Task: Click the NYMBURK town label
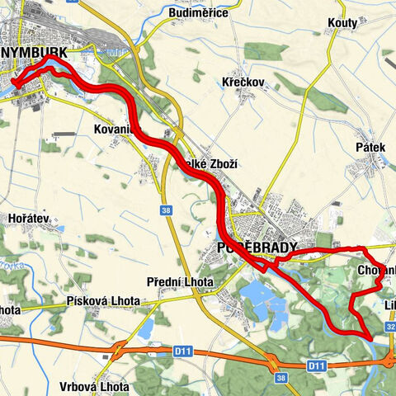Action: [40, 53]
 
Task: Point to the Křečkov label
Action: [243, 82]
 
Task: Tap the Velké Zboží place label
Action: [213, 164]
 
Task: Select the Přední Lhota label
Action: [180, 282]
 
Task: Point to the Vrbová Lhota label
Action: [95, 386]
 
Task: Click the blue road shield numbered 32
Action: [389, 328]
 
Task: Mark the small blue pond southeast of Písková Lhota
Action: [146, 328]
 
